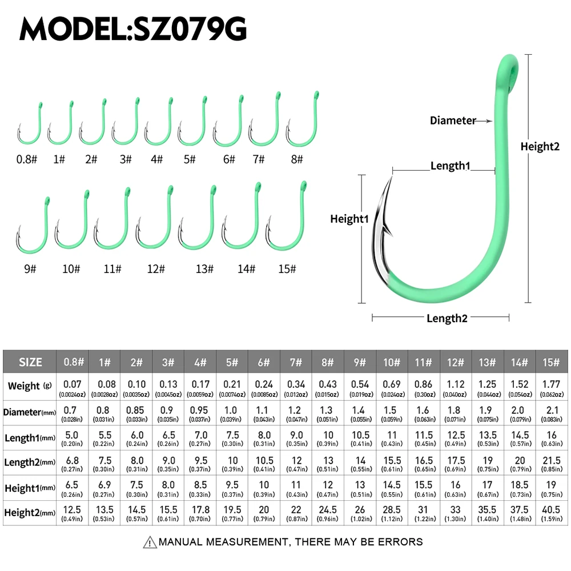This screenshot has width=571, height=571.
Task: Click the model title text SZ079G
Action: tap(133, 28)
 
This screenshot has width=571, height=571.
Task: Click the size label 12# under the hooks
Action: tap(155, 269)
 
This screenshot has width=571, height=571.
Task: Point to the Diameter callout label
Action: tap(452, 120)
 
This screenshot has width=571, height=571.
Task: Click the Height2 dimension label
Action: tap(540, 147)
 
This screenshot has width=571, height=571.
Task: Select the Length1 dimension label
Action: tap(450, 166)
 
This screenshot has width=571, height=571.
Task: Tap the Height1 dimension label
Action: tap(349, 219)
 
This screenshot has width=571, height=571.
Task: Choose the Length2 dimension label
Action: tap(447, 318)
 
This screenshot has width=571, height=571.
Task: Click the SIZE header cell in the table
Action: tap(30, 362)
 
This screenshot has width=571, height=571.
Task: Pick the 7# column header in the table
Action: tap(296, 362)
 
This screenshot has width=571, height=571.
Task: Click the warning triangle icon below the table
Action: tap(150, 542)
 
